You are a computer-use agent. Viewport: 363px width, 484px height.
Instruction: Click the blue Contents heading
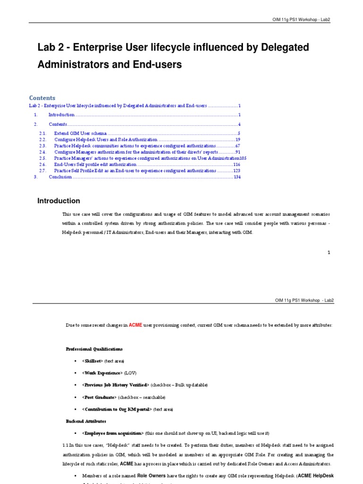point(42,98)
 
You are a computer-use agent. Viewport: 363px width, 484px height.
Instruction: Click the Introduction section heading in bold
point(59,201)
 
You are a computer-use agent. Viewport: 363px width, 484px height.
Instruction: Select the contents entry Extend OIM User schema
point(80,134)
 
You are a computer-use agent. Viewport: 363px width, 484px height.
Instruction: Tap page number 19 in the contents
point(238,140)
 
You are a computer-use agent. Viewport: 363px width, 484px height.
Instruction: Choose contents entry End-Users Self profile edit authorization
point(95,164)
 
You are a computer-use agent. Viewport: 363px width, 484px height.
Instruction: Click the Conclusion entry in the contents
point(60,177)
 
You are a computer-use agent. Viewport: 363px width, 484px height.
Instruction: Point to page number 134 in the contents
point(237,177)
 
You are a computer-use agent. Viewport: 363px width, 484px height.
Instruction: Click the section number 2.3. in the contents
point(43,146)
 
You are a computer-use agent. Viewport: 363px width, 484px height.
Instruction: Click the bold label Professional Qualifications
point(94,349)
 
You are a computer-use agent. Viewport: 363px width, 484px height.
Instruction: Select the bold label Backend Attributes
point(86,421)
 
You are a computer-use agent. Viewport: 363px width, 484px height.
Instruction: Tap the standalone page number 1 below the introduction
point(328,253)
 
